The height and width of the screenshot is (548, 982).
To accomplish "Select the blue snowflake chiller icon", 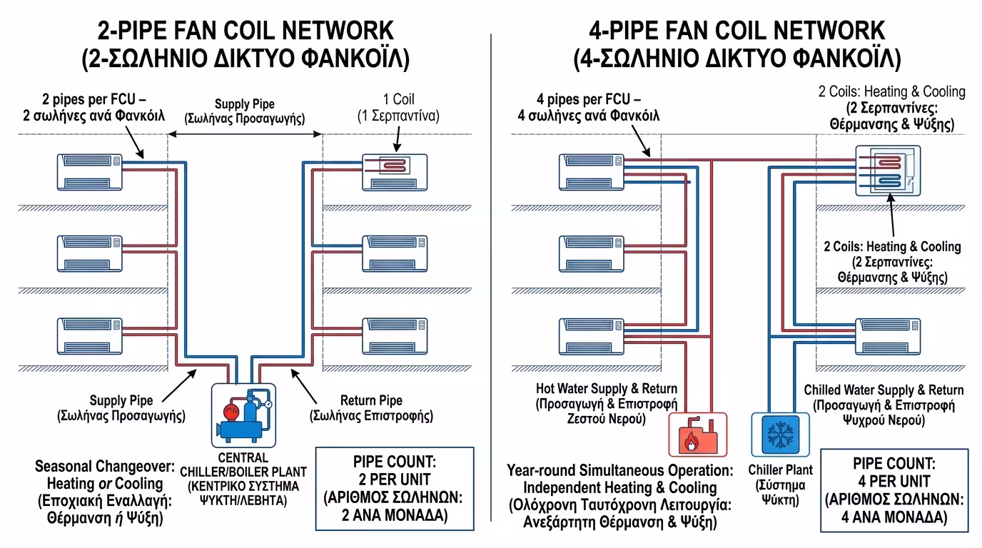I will pyautogui.click(x=779, y=435).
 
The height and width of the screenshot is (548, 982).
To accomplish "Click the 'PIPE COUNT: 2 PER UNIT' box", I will pyautogui.click(x=395, y=488).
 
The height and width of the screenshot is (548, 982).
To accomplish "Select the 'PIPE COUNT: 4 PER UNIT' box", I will pyautogui.click(x=894, y=490).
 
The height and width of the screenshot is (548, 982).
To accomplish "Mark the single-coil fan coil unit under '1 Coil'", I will pyautogui.click(x=395, y=171).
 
